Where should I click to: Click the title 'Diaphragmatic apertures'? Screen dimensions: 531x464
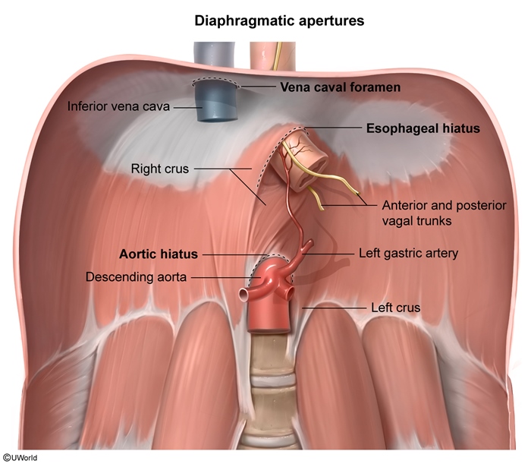tap(279, 21)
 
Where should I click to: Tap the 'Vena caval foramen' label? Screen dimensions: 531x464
tap(340, 87)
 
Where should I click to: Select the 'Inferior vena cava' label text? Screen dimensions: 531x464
tap(118, 106)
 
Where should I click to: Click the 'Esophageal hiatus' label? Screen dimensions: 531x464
tap(423, 128)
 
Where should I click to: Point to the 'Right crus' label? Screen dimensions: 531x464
tap(160, 169)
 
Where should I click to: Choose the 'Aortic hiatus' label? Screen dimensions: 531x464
tap(158, 254)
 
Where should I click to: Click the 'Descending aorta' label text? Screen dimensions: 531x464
tap(136, 277)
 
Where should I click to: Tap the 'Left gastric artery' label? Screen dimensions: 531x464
tap(408, 253)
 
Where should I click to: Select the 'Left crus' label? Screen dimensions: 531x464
tap(395, 308)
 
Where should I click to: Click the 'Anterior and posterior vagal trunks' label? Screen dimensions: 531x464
tap(444, 213)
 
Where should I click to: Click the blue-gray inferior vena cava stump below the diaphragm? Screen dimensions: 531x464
tap(215, 102)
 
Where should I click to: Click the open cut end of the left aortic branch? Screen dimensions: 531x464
tap(244, 295)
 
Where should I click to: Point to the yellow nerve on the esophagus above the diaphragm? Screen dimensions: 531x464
tap(277, 56)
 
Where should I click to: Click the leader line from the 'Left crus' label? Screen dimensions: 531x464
tap(334, 308)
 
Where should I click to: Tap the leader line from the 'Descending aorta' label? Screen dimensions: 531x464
tap(226, 277)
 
